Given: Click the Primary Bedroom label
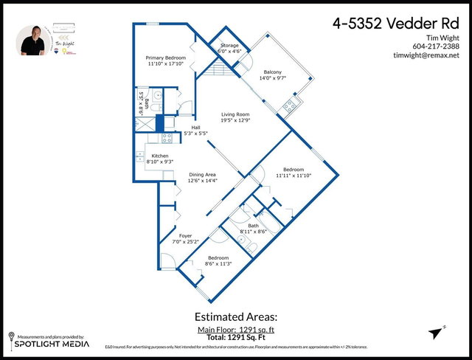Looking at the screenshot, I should point(165,57).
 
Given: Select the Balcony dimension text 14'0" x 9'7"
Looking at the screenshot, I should point(270,77).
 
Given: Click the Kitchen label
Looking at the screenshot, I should point(160,156).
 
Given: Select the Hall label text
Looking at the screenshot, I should point(195,127).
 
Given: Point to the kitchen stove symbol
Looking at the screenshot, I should point(167,136).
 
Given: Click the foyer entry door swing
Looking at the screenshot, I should point(167,260).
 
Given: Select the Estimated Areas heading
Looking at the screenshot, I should point(236,318).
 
